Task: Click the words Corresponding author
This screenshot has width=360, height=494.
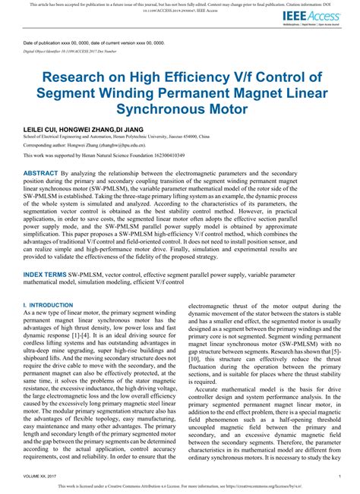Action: coord(44,143)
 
